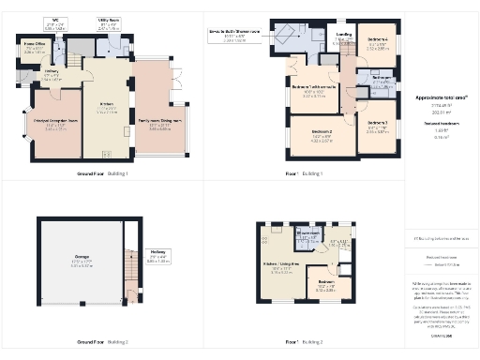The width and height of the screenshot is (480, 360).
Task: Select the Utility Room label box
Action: [110, 24]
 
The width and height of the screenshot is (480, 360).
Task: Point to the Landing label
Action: [343, 39]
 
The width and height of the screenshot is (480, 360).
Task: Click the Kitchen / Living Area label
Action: [285, 269]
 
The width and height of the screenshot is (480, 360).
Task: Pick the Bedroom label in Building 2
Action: [325, 287]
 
